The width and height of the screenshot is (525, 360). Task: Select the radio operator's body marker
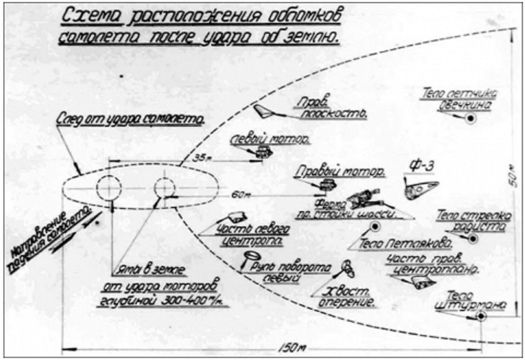coord(473,239)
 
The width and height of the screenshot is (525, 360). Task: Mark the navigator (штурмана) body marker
coord(480,316)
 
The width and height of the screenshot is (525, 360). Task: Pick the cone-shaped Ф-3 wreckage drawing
coord(420,189)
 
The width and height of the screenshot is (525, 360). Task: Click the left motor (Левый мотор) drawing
coord(264,152)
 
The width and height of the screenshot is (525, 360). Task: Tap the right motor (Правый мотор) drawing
coord(328,185)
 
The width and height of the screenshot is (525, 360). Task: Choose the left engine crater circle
coord(109,188)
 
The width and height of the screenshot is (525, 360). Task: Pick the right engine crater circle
coord(165,188)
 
